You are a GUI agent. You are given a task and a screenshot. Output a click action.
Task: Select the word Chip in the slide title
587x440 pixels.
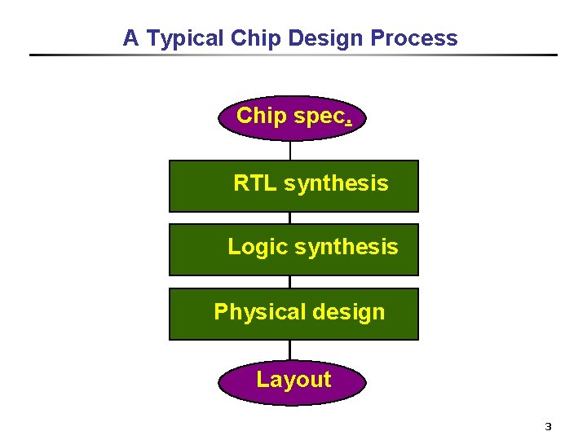point(255,38)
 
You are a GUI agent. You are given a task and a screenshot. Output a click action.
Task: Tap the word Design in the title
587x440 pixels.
point(324,38)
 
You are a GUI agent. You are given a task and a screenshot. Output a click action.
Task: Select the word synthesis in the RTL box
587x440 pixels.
point(336,183)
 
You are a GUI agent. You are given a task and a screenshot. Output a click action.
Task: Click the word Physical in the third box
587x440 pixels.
point(254,312)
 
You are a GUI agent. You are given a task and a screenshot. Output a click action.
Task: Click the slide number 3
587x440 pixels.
point(548,427)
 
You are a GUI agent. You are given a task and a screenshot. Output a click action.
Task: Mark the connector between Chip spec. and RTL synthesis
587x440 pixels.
point(290,151)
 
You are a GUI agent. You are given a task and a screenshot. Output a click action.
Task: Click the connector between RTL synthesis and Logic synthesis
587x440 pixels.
point(290,218)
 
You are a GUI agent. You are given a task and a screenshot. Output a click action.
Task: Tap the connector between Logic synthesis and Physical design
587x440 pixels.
point(290,282)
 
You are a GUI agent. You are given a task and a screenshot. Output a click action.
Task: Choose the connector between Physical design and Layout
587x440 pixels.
point(290,350)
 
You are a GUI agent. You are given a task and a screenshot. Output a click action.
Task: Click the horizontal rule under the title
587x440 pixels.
point(293,55)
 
